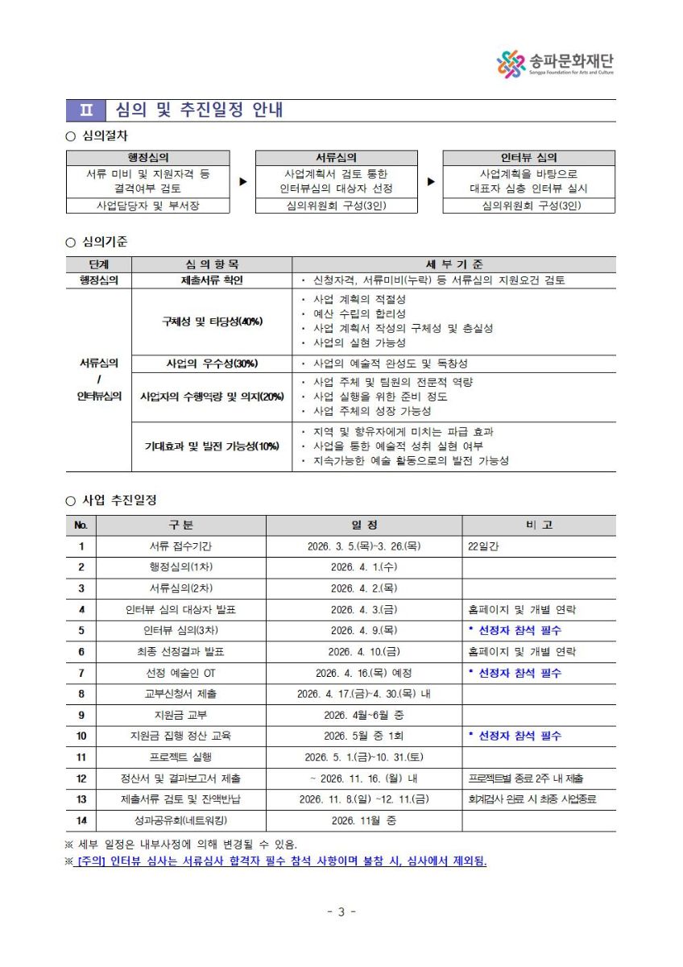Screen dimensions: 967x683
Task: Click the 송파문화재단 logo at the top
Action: [556, 64]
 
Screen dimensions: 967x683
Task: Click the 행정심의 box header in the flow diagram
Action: [147, 158]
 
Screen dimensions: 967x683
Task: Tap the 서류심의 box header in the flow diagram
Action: [336, 158]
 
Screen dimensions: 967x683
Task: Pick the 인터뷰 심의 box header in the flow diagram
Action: [528, 158]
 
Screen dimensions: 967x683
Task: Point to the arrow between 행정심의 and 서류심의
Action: [242, 181]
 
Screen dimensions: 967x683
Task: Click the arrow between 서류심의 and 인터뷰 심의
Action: [430, 181]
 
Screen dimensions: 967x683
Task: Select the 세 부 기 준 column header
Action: [453, 264]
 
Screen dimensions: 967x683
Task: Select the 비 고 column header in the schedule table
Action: [538, 525]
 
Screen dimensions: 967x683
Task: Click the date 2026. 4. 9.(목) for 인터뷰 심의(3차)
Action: [363, 630]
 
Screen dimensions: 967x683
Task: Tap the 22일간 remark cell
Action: [483, 546]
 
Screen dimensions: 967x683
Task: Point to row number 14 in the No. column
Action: [81, 821]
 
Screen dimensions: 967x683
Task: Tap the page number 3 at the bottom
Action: [341, 912]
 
